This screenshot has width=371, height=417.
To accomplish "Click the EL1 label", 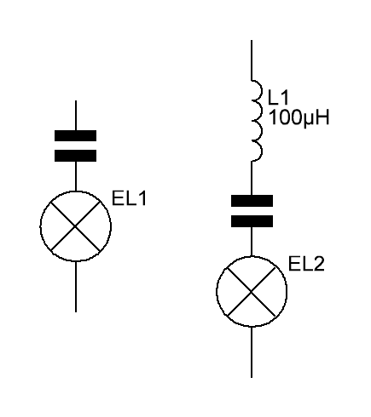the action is (129, 198).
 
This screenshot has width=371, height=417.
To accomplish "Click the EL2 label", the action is (306, 264).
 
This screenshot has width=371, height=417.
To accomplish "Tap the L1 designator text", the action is (278, 97).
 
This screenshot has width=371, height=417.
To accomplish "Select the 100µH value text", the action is (299, 117).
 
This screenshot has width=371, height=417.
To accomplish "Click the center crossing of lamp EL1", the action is (75, 226).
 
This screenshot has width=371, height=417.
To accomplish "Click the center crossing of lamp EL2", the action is (252, 291).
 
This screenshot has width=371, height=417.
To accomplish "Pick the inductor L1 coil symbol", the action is (257, 121).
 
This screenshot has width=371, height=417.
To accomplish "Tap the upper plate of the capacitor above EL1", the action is (75, 135).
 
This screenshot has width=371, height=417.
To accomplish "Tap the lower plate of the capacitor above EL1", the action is (75, 156).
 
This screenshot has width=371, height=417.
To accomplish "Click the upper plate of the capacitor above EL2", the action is (252, 201).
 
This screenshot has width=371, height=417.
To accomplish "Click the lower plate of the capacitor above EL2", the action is (252, 221).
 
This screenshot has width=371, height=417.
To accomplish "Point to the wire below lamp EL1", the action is (76, 287).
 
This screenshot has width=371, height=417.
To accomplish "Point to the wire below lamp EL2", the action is (252, 352).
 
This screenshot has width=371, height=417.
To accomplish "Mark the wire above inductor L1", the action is (252, 60).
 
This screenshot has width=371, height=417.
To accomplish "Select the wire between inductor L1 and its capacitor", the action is (252, 178).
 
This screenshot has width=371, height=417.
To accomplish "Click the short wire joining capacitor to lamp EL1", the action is (76, 176).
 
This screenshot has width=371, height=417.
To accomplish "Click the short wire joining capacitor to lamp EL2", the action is (252, 242).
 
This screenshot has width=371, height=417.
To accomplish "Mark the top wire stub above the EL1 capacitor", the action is (76, 115).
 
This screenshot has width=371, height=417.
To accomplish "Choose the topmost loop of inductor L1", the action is (261, 90).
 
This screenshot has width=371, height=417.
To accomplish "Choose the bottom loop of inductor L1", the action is (261, 151).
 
